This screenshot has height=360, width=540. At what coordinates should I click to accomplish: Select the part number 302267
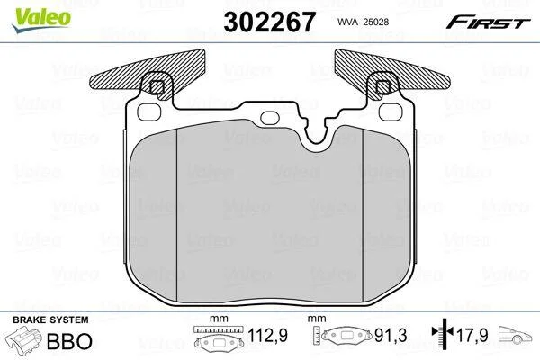click(269, 22)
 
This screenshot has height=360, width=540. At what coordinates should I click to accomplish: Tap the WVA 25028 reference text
click(363, 22)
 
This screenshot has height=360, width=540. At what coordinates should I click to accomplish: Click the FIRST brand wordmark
click(488, 22)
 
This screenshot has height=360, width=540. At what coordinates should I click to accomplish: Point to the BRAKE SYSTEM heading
click(50, 319)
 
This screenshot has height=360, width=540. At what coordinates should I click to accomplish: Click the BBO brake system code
click(69, 341)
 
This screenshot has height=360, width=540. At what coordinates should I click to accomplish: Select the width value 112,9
click(267, 335)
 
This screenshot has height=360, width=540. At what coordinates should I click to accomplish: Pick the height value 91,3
click(391, 335)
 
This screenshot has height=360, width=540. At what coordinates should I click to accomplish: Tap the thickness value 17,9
click(472, 335)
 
